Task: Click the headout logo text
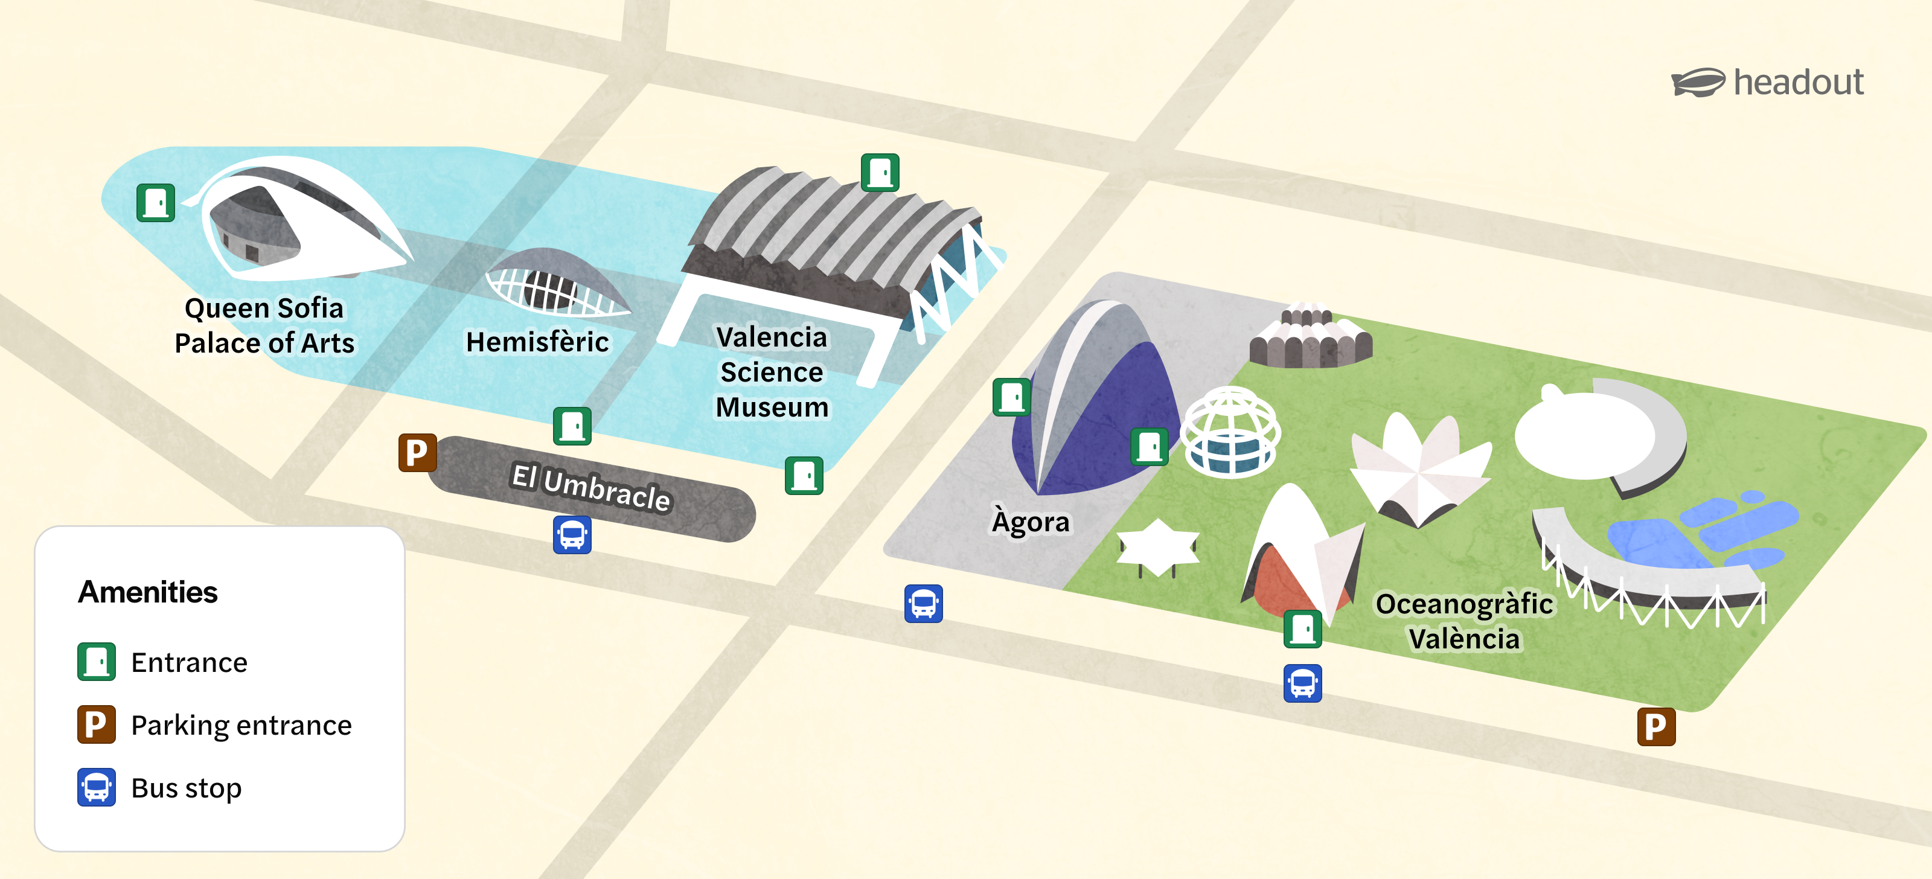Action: tap(1798, 83)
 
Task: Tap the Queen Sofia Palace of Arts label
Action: tap(264, 325)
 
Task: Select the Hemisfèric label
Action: tap(537, 342)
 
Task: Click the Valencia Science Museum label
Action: tap(772, 372)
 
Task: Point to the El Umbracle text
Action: tap(591, 488)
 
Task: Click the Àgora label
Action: tap(1031, 521)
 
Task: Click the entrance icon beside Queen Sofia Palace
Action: tap(156, 202)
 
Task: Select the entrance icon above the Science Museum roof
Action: tap(880, 173)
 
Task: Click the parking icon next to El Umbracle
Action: tap(417, 452)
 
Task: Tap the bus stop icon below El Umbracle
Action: tap(572, 535)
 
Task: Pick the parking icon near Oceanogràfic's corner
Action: tap(1655, 726)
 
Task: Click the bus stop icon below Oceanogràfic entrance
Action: tap(1302, 683)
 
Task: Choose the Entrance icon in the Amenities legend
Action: tap(97, 662)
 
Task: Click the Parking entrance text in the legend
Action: tap(241, 725)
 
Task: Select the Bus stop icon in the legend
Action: tap(97, 787)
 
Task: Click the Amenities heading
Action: tap(148, 592)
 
